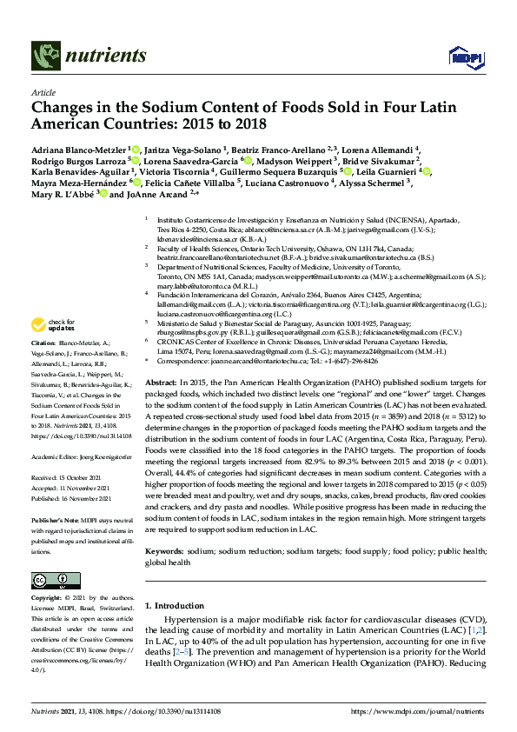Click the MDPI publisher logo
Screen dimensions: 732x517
(x=465, y=57)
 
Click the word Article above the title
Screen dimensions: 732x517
(x=43, y=92)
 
